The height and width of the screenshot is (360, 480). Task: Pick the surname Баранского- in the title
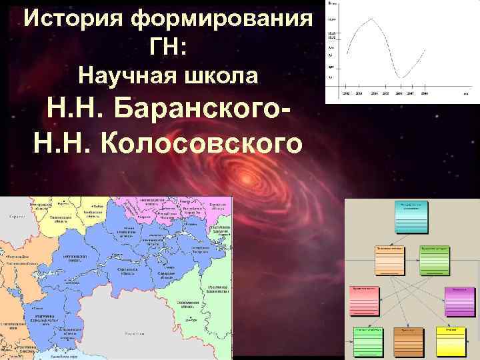(x=199, y=109)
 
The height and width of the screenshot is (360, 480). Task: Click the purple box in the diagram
(x=456, y=304)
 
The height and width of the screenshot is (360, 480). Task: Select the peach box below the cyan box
(x=389, y=259)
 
